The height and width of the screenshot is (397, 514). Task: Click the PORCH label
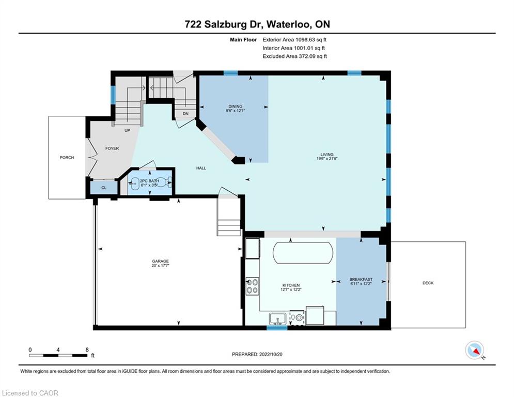click(x=67, y=158)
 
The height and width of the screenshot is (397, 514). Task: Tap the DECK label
click(x=428, y=283)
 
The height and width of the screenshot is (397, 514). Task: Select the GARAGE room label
click(x=160, y=261)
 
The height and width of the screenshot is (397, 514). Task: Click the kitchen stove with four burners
click(x=253, y=286)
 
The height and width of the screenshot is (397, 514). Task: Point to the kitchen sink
click(x=277, y=318)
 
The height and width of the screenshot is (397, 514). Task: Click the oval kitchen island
click(x=303, y=253)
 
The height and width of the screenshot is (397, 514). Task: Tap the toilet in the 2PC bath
click(x=168, y=182)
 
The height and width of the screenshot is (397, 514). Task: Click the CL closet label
click(x=104, y=188)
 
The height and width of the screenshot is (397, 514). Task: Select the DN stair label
click(x=185, y=114)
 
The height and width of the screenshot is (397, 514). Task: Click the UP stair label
click(x=127, y=130)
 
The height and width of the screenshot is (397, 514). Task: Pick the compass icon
click(x=475, y=350)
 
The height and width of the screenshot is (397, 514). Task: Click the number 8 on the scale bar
click(x=87, y=350)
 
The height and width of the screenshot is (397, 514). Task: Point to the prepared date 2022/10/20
click(x=271, y=354)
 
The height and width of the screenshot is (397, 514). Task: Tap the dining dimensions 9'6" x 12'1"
click(x=236, y=111)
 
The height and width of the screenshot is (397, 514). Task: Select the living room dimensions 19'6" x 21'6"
click(x=327, y=159)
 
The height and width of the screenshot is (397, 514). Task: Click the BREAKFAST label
click(x=361, y=280)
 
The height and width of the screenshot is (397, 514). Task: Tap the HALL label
click(x=201, y=168)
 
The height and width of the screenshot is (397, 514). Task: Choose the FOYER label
click(x=112, y=148)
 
